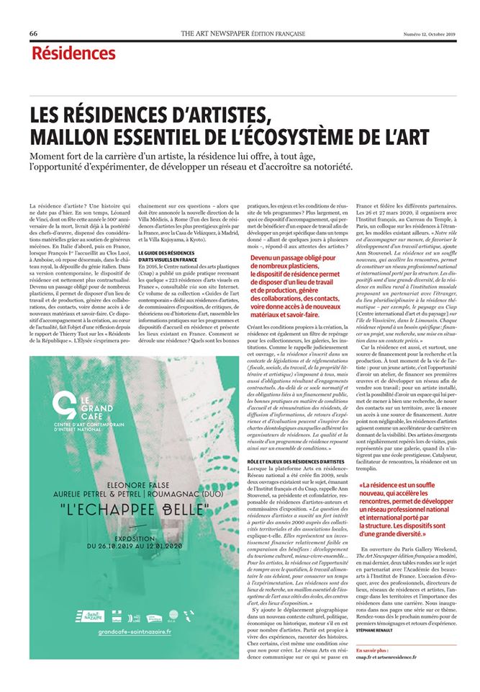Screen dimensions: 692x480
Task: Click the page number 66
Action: pos(34,34)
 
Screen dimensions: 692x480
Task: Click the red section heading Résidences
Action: pos(73,53)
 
